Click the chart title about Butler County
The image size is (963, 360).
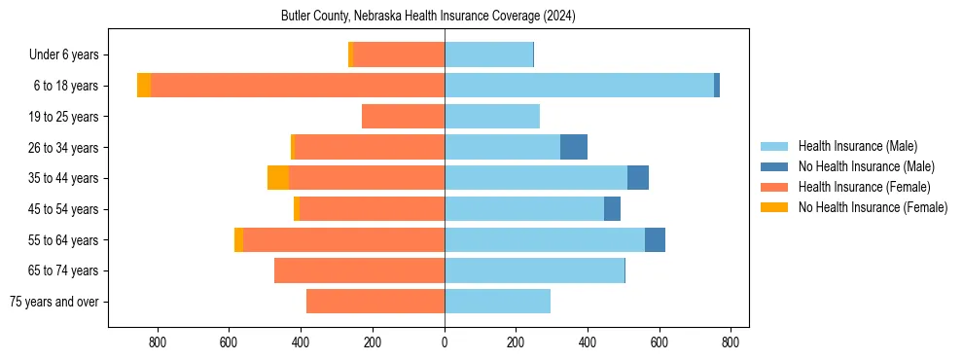(428, 17)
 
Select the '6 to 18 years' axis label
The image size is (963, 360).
(66, 86)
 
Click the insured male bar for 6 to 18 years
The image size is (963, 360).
(579, 86)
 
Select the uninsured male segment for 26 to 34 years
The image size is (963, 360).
(574, 147)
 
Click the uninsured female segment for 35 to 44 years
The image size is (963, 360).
(278, 178)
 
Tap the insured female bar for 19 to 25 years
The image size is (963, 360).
(403, 117)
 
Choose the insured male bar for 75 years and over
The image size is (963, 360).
(497, 302)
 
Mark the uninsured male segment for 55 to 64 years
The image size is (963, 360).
(655, 239)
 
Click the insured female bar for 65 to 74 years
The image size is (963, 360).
(359, 270)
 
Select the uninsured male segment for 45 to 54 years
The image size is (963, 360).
(612, 209)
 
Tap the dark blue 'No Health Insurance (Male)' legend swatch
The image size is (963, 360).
(774, 166)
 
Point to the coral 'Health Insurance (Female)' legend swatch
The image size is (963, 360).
(774, 187)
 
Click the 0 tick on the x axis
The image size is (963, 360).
(445, 342)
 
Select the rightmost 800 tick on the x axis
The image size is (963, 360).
(731, 342)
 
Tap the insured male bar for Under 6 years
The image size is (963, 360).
(488, 55)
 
